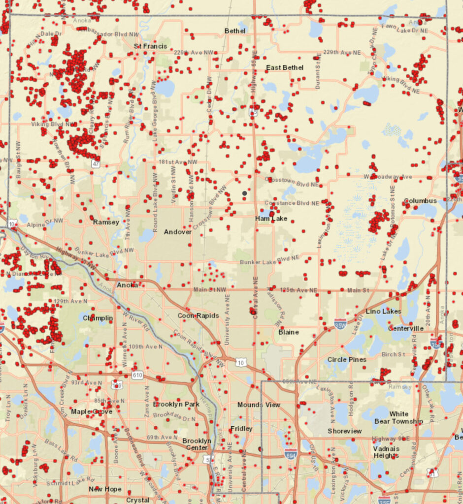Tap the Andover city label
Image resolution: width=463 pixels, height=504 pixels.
pyautogui.click(x=177, y=232)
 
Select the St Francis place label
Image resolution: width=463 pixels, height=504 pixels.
pyautogui.click(x=150, y=46)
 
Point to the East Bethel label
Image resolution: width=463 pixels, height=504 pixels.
pyautogui.click(x=285, y=67)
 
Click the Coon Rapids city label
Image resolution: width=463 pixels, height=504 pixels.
pyautogui.click(x=198, y=316)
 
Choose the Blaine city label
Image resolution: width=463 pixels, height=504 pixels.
pyautogui.click(x=288, y=332)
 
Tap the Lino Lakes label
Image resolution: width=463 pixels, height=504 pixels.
pyautogui.click(x=383, y=312)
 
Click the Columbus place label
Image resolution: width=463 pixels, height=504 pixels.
pyautogui.click(x=420, y=201)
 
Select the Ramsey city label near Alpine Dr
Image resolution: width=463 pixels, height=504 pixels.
pyautogui.click(x=106, y=222)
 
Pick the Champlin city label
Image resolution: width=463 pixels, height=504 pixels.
pyautogui.click(x=98, y=318)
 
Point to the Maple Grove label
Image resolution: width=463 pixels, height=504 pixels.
pyautogui.click(x=92, y=411)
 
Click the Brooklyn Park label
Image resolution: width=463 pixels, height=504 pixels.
pyautogui.click(x=175, y=404)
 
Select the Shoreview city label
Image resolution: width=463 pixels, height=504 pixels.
pyautogui.click(x=345, y=431)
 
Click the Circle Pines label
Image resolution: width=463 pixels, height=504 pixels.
pyautogui.click(x=347, y=360)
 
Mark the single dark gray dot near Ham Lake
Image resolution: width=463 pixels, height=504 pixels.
pyautogui.click(x=244, y=193)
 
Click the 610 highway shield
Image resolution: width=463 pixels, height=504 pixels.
pyautogui.click(x=137, y=376)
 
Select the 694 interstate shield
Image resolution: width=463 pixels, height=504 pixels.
pyautogui.click(x=291, y=451)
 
